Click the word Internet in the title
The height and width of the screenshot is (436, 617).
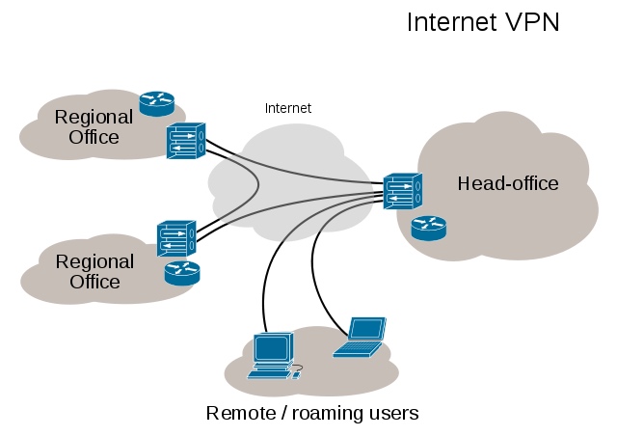pos(446,22)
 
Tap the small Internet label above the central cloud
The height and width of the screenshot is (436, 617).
pos(288,108)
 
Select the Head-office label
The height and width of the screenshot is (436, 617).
pos(508,183)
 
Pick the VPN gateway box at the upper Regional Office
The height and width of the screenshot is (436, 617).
pos(185,141)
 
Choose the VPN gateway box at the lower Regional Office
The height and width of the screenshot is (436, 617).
pos(176,238)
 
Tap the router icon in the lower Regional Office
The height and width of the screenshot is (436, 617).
pos(181,273)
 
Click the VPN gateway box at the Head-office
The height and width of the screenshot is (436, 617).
pos(401,191)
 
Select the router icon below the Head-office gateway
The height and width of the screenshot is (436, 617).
pos(428,228)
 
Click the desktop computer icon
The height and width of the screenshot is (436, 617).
pos(272,355)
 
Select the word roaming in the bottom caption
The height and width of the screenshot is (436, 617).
pos(326,414)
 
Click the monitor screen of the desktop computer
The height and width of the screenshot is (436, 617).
pos(271,346)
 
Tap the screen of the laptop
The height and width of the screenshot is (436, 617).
pos(367,329)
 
